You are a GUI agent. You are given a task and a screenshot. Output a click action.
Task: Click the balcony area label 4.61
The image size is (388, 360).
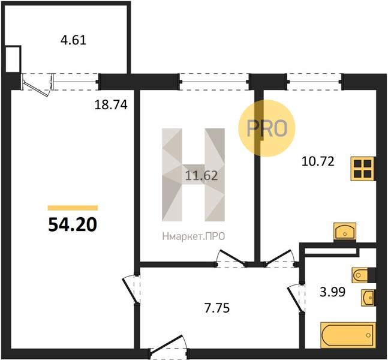[x=74, y=40]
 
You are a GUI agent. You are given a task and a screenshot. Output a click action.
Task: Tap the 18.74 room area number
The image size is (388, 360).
[x=111, y=105]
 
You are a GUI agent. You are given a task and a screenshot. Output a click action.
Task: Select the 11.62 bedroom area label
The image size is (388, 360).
[x=201, y=176]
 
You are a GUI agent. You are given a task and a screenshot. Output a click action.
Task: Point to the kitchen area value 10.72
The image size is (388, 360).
[x=318, y=161]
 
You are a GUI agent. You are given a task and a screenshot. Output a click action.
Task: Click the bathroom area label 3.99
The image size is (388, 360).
[x=333, y=292]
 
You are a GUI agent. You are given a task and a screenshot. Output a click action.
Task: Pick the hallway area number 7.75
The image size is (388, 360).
[x=217, y=308]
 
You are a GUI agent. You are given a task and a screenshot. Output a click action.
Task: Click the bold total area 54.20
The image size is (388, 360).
[x=73, y=225]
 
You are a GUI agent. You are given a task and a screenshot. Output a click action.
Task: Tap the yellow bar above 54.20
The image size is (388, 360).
[x=73, y=208]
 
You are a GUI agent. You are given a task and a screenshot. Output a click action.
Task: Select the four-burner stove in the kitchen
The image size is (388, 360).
[x=363, y=169]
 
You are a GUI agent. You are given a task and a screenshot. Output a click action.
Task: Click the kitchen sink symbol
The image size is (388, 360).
[x=345, y=232]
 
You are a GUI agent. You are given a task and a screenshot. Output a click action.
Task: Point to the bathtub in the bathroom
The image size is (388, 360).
[x=348, y=335]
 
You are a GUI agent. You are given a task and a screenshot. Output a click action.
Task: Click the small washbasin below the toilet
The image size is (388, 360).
[x=368, y=297]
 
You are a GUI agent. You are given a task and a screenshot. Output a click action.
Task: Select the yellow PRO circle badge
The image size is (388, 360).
[x=267, y=128]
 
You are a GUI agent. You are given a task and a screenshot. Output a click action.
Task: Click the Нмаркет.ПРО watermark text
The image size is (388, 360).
[x=194, y=236]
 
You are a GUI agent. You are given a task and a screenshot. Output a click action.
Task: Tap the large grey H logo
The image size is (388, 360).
[x=193, y=175]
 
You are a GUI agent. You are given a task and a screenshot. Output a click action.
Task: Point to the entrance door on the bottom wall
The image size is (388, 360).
[x=169, y=347]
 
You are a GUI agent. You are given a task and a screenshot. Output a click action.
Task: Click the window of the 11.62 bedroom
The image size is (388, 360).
[x=214, y=82]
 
